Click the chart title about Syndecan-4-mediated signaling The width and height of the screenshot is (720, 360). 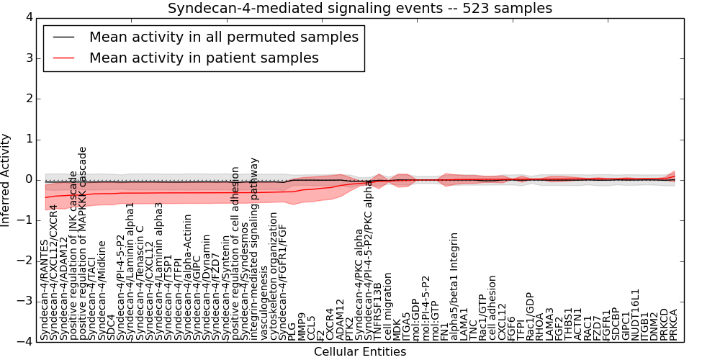[x=360, y=9]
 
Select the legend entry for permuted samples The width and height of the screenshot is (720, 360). [x=223, y=37]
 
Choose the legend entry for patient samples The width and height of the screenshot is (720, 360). [x=204, y=58]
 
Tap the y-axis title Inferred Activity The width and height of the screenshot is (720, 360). [x=6, y=179]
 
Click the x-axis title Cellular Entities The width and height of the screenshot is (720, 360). [x=360, y=352]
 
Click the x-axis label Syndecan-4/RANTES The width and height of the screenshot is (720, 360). [x=45, y=299]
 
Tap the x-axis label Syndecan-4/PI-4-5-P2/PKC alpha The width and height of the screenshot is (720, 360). [x=369, y=260]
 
